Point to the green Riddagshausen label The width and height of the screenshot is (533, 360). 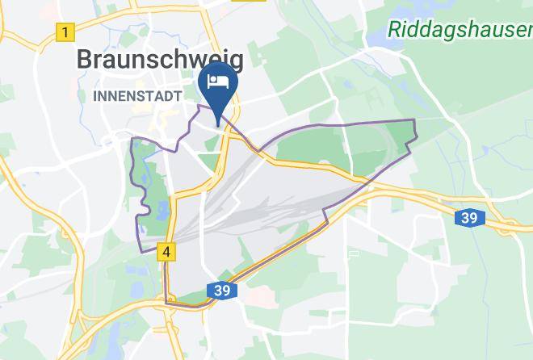point(460,30)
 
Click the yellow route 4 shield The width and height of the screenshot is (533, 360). point(166,252)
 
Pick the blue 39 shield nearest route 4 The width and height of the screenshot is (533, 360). point(222,289)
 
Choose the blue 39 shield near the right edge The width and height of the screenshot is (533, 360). point(468,217)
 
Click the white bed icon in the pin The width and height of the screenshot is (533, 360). point(218,82)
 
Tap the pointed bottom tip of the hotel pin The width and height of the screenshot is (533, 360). point(218,126)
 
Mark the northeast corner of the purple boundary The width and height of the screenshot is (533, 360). point(414,120)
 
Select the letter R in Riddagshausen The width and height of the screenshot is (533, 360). point(395,29)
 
